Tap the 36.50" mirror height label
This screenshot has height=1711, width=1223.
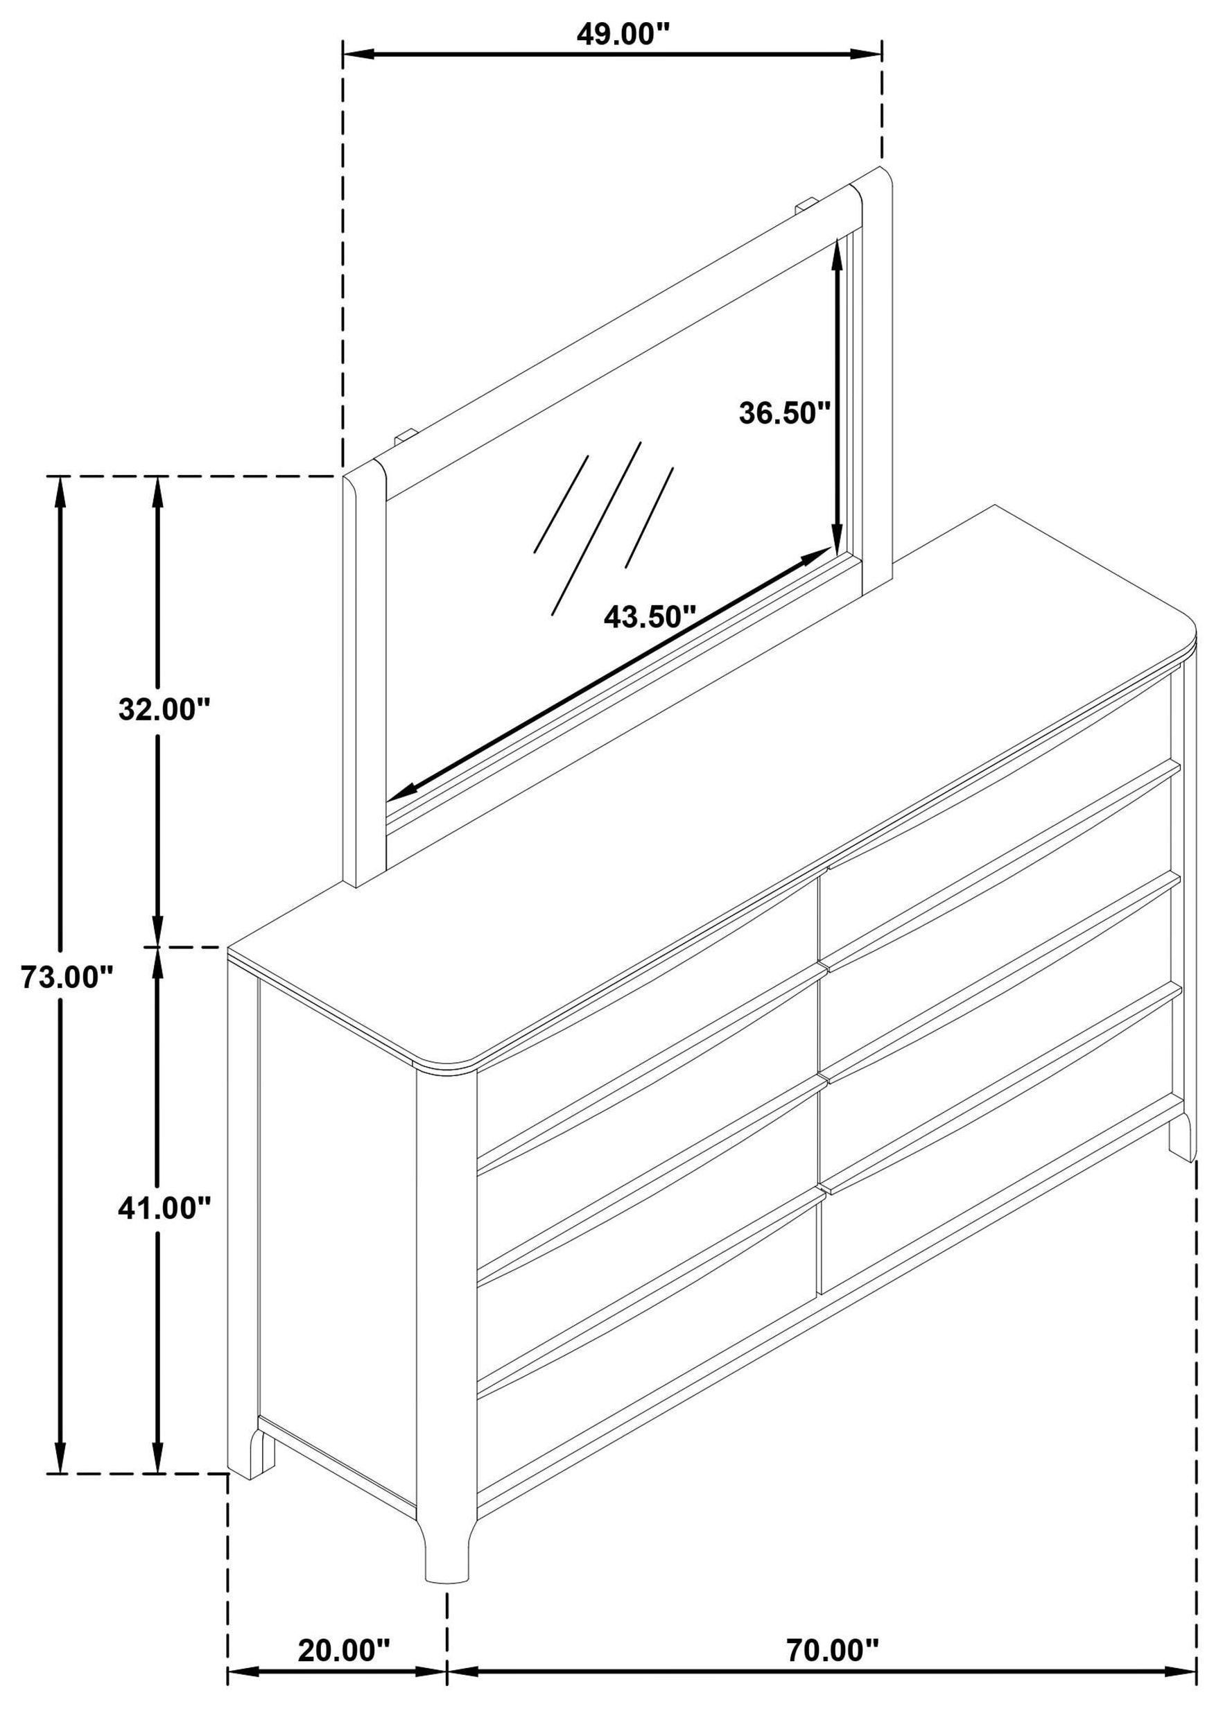coord(784,412)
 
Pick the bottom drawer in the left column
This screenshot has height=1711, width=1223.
coord(648,1348)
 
